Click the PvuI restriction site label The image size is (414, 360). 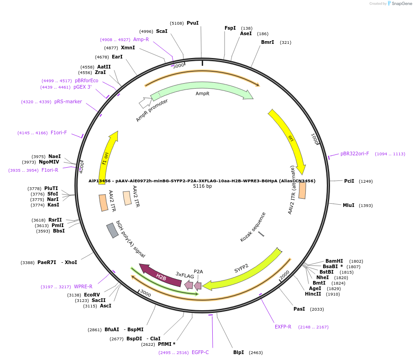pyautogui.click(x=193, y=23)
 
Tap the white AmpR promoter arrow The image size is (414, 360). pyautogui.click(x=145, y=102)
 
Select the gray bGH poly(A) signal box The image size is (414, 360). pyautogui.click(x=112, y=230)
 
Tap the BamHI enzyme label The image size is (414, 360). pyautogui.click(x=334, y=261)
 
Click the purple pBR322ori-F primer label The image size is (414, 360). pyautogui.click(x=355, y=154)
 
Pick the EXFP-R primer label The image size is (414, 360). pyautogui.click(x=283, y=327)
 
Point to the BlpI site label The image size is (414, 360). pyautogui.click(x=239, y=352)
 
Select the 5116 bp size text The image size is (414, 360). pyautogui.click(x=202, y=186)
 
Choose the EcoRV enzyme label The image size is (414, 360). pyautogui.click(x=92, y=295)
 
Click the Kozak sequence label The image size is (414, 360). pyautogui.click(x=253, y=227)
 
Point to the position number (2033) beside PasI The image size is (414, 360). pyautogui.click(x=317, y=309)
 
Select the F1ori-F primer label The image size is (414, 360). pyautogui.click(x=59, y=132)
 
